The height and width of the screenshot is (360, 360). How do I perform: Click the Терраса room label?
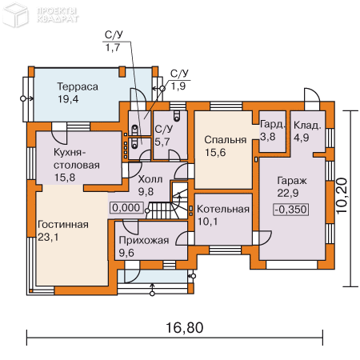coord(78,86)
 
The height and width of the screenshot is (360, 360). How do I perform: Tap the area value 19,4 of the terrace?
coord(68,99)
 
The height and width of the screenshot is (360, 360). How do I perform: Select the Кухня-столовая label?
coord(77,158)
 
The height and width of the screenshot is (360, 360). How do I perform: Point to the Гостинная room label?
coord(63,225)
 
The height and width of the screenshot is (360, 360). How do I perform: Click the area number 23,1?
coord(48,237)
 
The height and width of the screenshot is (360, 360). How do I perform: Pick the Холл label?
coord(150,179)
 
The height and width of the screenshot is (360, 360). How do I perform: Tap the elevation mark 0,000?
coord(126,208)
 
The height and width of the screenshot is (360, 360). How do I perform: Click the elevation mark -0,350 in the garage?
coord(291,210)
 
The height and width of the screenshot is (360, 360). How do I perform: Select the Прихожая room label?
coord(144,241)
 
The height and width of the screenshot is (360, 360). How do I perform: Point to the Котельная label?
coord(223,209)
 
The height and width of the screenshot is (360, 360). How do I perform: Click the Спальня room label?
coord(226,140)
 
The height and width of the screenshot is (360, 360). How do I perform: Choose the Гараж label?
coord(292,181)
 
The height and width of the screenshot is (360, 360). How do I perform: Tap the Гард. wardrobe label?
coord(273,125)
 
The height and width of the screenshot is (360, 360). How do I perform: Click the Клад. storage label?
coord(307,126)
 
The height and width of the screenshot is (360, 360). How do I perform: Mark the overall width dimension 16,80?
coord(185,327)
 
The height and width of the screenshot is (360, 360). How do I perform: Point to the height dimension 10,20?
coord(342,196)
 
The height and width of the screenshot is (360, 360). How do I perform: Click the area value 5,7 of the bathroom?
coord(162,142)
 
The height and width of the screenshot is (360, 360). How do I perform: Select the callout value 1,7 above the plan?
coord(113,48)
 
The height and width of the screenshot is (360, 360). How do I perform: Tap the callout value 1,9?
coord(178,86)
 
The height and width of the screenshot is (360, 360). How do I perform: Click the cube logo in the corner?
coord(15,15)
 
